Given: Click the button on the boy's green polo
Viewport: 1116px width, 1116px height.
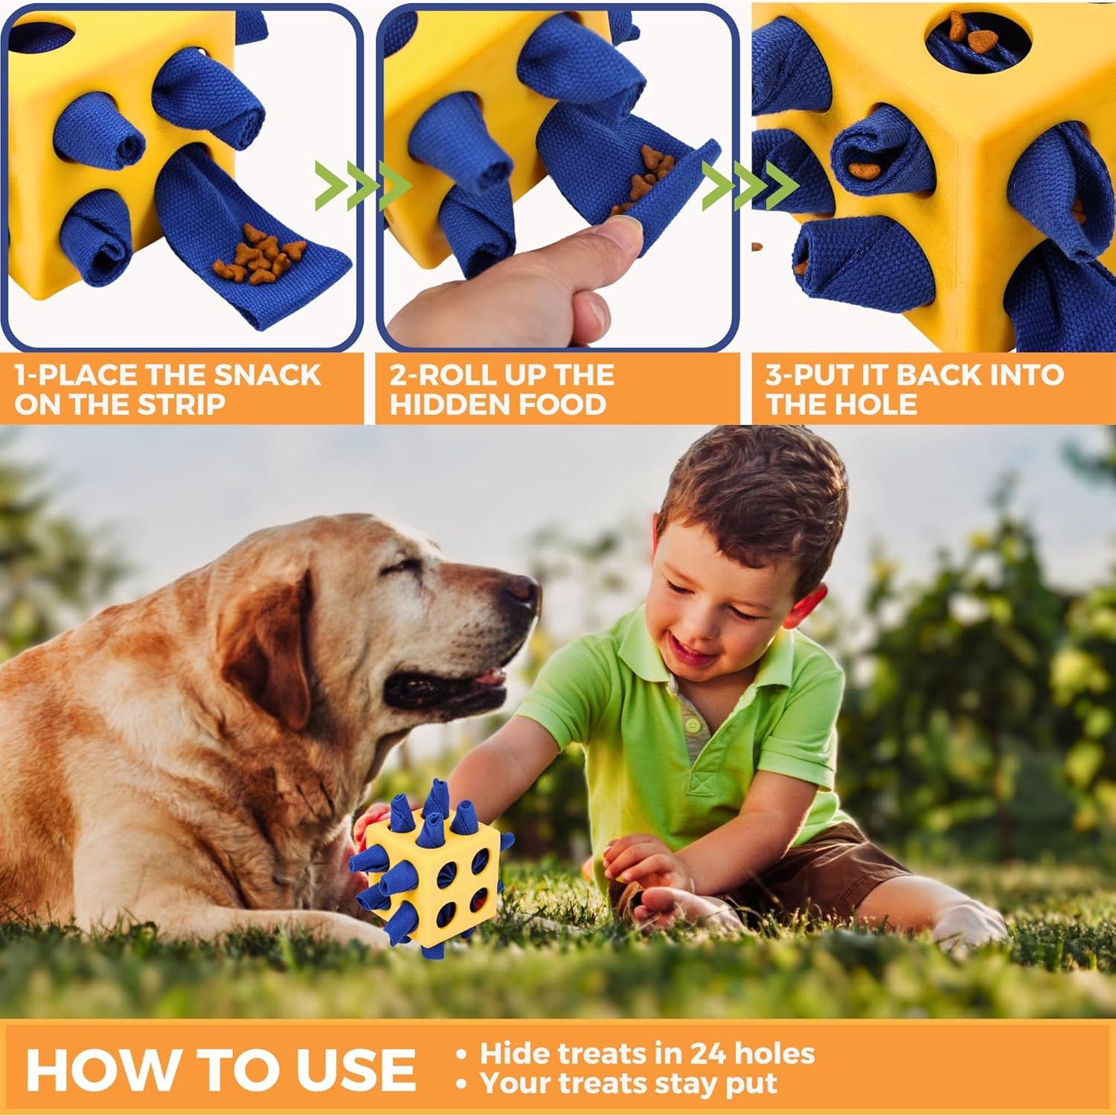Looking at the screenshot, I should (693, 724).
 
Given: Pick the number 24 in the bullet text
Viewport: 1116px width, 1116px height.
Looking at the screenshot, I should (707, 1054).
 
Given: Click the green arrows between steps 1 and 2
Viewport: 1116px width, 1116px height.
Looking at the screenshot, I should (363, 185).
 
